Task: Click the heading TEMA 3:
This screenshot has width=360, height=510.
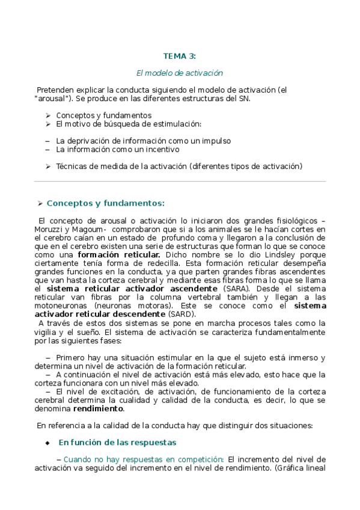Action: (x=180, y=57)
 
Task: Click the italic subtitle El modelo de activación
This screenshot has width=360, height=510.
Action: (x=180, y=73)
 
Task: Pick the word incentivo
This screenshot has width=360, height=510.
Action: (x=161, y=149)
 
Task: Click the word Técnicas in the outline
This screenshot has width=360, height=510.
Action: (x=73, y=166)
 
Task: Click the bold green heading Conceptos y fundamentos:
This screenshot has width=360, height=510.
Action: (x=105, y=203)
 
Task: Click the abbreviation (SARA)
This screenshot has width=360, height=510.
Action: (x=235, y=289)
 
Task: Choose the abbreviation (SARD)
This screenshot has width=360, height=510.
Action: (x=182, y=314)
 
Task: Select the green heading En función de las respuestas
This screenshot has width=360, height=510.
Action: (x=117, y=442)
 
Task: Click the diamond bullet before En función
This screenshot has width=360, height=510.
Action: (x=47, y=443)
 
